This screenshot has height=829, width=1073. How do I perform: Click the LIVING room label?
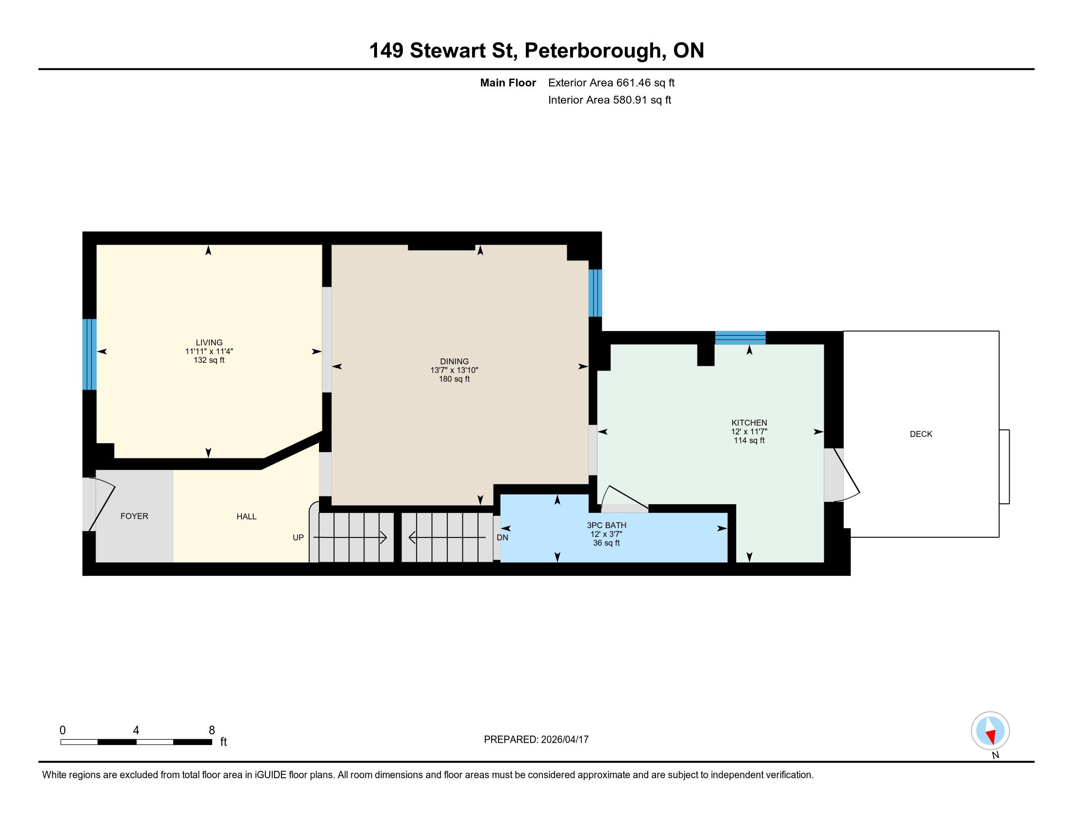click(x=209, y=342)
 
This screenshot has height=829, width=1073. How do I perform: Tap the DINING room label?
click(x=455, y=361)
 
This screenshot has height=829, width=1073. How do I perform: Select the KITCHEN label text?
click(x=749, y=423)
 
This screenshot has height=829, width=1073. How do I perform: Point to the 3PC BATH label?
click(x=607, y=526)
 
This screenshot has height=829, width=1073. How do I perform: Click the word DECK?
click(x=921, y=434)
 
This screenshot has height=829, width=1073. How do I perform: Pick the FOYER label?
click(x=134, y=516)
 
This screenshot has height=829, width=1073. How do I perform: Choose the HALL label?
click(x=247, y=516)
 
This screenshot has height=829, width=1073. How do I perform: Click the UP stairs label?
click(x=298, y=537)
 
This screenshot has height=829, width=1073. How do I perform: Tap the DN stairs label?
click(x=502, y=538)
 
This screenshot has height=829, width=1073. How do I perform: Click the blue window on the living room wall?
click(x=89, y=354)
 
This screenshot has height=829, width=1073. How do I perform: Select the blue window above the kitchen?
click(x=740, y=338)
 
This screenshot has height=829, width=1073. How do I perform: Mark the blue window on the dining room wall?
click(x=595, y=293)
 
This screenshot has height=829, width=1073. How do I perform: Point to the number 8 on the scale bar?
click(x=212, y=730)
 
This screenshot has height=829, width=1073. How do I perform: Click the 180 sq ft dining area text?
click(x=455, y=379)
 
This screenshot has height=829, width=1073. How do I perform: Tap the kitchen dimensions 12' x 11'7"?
click(x=749, y=432)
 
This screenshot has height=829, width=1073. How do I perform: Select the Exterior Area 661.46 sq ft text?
click(x=611, y=83)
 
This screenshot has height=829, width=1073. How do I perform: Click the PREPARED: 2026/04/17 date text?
click(x=536, y=740)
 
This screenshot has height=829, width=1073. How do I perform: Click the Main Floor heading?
click(x=508, y=83)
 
